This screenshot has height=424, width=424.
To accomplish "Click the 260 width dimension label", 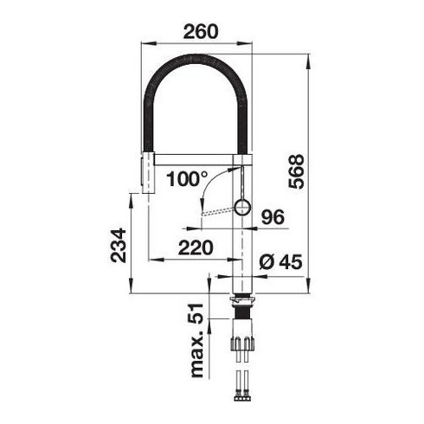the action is (x=201, y=31).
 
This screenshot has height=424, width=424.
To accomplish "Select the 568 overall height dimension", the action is (x=296, y=171).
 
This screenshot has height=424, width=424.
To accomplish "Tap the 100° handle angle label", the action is (x=187, y=178).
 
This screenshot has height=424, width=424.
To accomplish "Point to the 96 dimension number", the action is (x=273, y=217).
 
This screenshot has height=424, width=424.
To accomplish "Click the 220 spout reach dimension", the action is (x=196, y=247).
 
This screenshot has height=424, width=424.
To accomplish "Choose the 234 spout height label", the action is (x=119, y=245).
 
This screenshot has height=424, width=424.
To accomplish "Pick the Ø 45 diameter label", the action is (x=280, y=261).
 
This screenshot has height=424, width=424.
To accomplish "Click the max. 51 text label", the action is (x=197, y=340).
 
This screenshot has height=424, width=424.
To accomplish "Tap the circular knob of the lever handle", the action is (x=242, y=207).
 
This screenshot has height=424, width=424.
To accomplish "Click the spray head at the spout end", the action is (x=148, y=173).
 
